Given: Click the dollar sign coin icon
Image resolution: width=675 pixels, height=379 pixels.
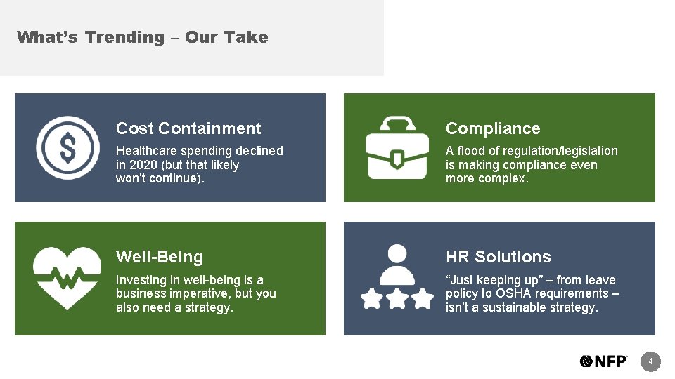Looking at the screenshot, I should click(67, 147).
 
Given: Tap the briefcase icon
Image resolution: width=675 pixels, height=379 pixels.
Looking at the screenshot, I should click(397, 147).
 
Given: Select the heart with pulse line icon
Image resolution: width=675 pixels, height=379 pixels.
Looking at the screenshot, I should click(67, 278).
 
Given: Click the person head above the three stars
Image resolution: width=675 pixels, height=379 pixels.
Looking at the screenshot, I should click(397, 253).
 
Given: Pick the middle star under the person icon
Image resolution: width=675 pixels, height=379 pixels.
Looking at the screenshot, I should click(397, 298).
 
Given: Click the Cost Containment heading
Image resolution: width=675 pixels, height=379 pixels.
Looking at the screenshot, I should click(188, 128).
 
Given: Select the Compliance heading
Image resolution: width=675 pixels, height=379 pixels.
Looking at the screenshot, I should click(493, 128).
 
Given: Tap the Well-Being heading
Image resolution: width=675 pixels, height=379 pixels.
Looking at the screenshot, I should click(160, 257).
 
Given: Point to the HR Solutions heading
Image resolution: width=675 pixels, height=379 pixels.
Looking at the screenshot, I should click(498, 257).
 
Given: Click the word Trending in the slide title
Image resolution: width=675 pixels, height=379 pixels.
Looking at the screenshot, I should click(124, 37).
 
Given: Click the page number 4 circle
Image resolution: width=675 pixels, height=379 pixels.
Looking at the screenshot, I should click(651, 361).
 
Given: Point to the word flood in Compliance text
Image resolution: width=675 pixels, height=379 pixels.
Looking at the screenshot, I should click(472, 151).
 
